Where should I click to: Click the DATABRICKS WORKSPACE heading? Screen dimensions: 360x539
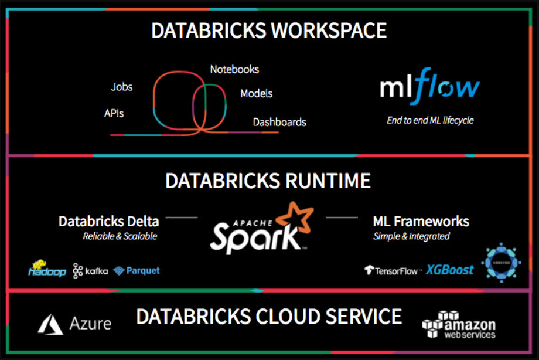269,30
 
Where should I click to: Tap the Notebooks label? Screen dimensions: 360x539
234,69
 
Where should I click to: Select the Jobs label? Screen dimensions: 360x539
122,87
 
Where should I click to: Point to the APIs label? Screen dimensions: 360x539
114,113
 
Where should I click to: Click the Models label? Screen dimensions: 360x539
256,93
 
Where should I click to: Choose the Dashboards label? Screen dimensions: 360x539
279,122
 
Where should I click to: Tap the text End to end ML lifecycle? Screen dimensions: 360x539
429,120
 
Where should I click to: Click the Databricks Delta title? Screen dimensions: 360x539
108,222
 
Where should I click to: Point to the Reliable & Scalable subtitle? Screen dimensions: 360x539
120,236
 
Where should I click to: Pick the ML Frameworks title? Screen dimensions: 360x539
421,222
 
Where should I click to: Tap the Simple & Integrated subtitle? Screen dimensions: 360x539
411,236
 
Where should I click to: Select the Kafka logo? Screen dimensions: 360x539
90,270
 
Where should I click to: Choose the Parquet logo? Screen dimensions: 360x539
137,270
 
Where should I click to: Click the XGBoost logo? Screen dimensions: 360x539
449,270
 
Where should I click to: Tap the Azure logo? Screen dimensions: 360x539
74,323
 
